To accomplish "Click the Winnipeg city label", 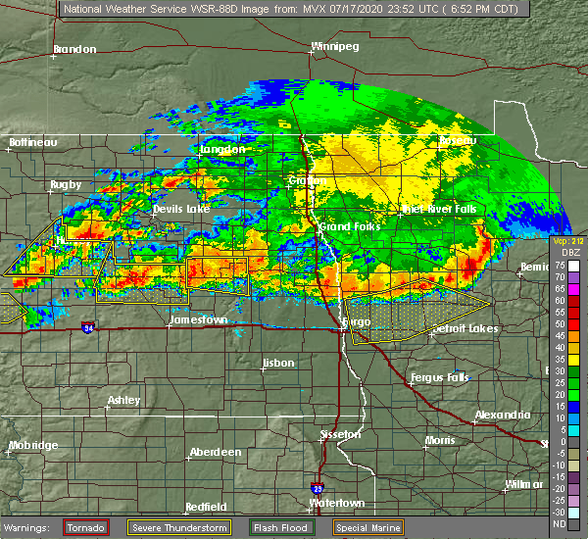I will click(334, 46).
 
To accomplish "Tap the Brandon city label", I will click(75, 49).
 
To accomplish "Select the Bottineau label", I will click(33, 142).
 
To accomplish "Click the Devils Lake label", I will click(180, 210).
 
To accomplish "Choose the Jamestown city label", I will click(198, 319).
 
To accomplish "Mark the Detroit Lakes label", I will click(465, 328).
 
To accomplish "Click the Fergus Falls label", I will click(440, 377).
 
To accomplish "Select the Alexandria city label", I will click(503, 416).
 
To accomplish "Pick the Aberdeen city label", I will click(216, 452).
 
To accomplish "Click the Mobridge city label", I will click(32, 445).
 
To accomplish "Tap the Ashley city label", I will click(123, 400).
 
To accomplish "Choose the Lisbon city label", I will click(278, 364).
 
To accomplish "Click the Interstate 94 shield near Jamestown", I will click(89, 327).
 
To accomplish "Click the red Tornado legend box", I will click(85, 527).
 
